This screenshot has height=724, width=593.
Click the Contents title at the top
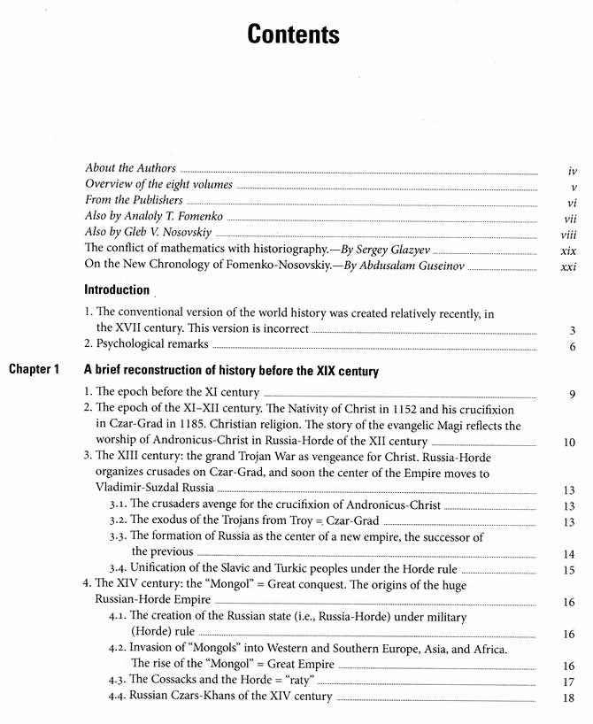[293, 35]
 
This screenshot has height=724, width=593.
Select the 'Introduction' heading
[117, 289]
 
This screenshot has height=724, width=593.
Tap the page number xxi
[569, 266]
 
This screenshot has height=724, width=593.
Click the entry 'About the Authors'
[130, 168]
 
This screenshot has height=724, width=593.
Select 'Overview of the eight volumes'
[158, 184]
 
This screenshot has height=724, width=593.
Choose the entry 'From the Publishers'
[134, 200]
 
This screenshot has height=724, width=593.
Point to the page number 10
[569, 443]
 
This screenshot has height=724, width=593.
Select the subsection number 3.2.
[118, 522]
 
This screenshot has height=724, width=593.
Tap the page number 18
[569, 698]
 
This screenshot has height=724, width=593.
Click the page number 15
[569, 571]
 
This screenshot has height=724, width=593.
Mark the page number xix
[569, 250]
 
